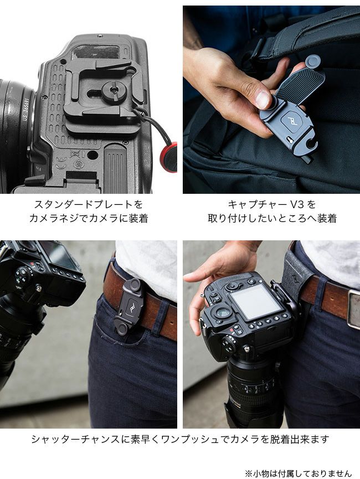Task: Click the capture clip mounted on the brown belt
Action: (130, 306)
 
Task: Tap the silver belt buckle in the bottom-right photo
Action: (354, 309)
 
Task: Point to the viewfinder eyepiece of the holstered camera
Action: (223, 313)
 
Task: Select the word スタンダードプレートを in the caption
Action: (89, 204)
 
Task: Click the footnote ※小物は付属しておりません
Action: (299, 473)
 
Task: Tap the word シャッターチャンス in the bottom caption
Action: (76, 439)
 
